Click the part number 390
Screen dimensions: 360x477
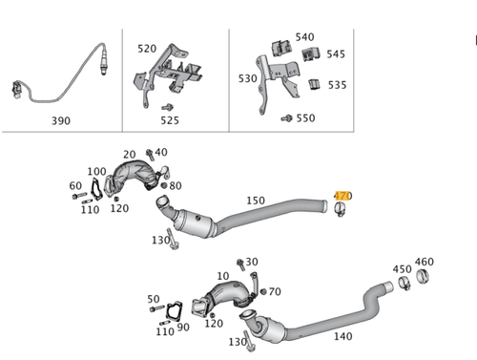click(60, 121)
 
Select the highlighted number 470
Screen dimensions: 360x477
click(342, 196)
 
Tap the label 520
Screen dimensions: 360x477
click(147, 48)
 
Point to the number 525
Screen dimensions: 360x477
click(169, 121)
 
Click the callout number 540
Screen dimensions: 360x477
click(304, 37)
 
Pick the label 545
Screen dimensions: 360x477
click(337, 54)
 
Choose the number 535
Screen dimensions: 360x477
click(337, 85)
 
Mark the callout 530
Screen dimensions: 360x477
click(248, 78)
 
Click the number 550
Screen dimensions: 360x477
click(305, 118)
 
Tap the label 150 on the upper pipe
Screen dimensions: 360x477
click(256, 201)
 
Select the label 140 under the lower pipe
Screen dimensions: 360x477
click(342, 336)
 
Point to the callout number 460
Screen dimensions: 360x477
click(424, 262)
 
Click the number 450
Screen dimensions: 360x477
click(402, 269)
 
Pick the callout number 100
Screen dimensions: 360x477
click(96, 172)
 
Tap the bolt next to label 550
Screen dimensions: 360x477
click(285, 118)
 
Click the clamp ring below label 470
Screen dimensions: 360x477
click(342, 210)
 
